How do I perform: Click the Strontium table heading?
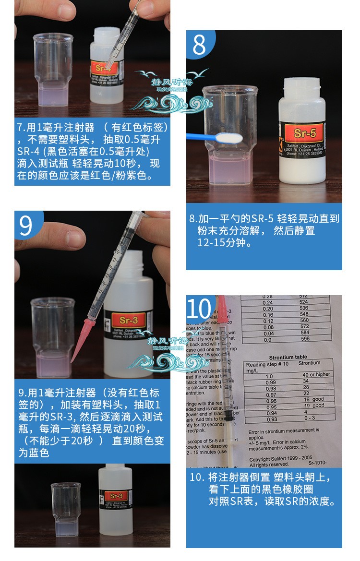[288, 358]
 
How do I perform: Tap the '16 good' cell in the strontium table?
[314, 400]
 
